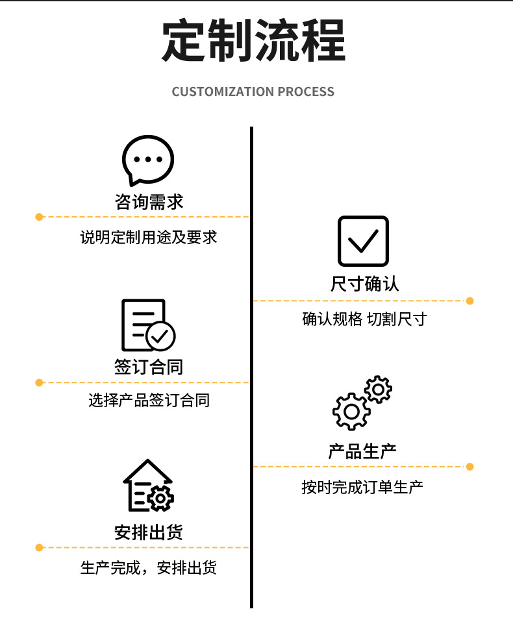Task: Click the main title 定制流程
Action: click(x=253, y=42)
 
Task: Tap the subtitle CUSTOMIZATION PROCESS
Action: click(x=253, y=92)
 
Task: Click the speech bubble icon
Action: click(x=148, y=160)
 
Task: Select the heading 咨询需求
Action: click(x=149, y=201)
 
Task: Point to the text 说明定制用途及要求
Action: click(x=149, y=237)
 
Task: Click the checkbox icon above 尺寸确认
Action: click(x=363, y=242)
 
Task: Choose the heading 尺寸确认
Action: click(x=364, y=284)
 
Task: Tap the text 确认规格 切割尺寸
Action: click(x=364, y=319)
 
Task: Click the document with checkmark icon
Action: click(x=148, y=325)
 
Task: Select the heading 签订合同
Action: click(x=149, y=367)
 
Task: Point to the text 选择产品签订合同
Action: click(x=149, y=401)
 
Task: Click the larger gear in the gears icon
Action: click(x=351, y=411)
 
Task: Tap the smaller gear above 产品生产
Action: click(x=378, y=390)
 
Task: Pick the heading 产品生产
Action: click(x=362, y=451)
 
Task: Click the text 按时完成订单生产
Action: click(x=362, y=486)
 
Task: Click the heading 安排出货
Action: click(x=149, y=532)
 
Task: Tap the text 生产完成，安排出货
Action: click(x=149, y=568)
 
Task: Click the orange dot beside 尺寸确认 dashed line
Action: click(x=470, y=301)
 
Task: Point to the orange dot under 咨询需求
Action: click(x=39, y=217)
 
